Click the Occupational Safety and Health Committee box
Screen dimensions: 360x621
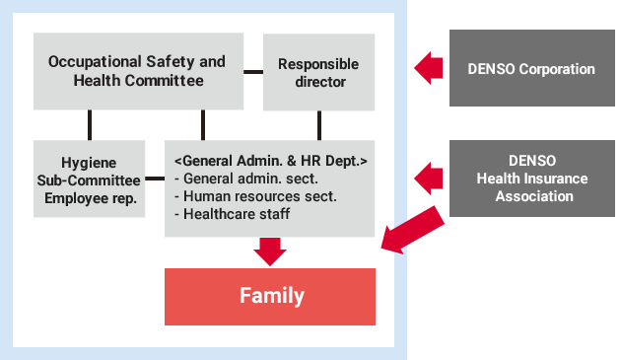[x=136, y=71]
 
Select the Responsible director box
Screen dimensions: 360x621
[x=318, y=72]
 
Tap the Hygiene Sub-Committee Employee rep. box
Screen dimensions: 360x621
[x=89, y=179]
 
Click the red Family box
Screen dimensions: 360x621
[x=270, y=296]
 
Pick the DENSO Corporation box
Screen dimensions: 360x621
[x=531, y=68]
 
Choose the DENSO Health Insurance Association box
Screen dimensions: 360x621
[x=531, y=179]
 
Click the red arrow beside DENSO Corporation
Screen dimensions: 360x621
[x=428, y=68]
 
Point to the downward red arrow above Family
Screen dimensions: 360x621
[x=269, y=250]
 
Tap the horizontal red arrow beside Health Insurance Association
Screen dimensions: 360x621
[x=428, y=179]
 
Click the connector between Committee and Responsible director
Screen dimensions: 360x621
[x=253, y=71]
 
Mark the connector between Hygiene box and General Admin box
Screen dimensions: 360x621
[x=154, y=179]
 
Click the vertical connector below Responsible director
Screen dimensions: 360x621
[x=319, y=124]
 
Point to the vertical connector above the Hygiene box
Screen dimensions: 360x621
[x=90, y=124]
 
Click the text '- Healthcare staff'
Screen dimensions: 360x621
[x=231, y=214]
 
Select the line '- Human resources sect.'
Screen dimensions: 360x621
[x=254, y=196]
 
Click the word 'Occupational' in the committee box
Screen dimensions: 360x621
[x=95, y=61]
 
